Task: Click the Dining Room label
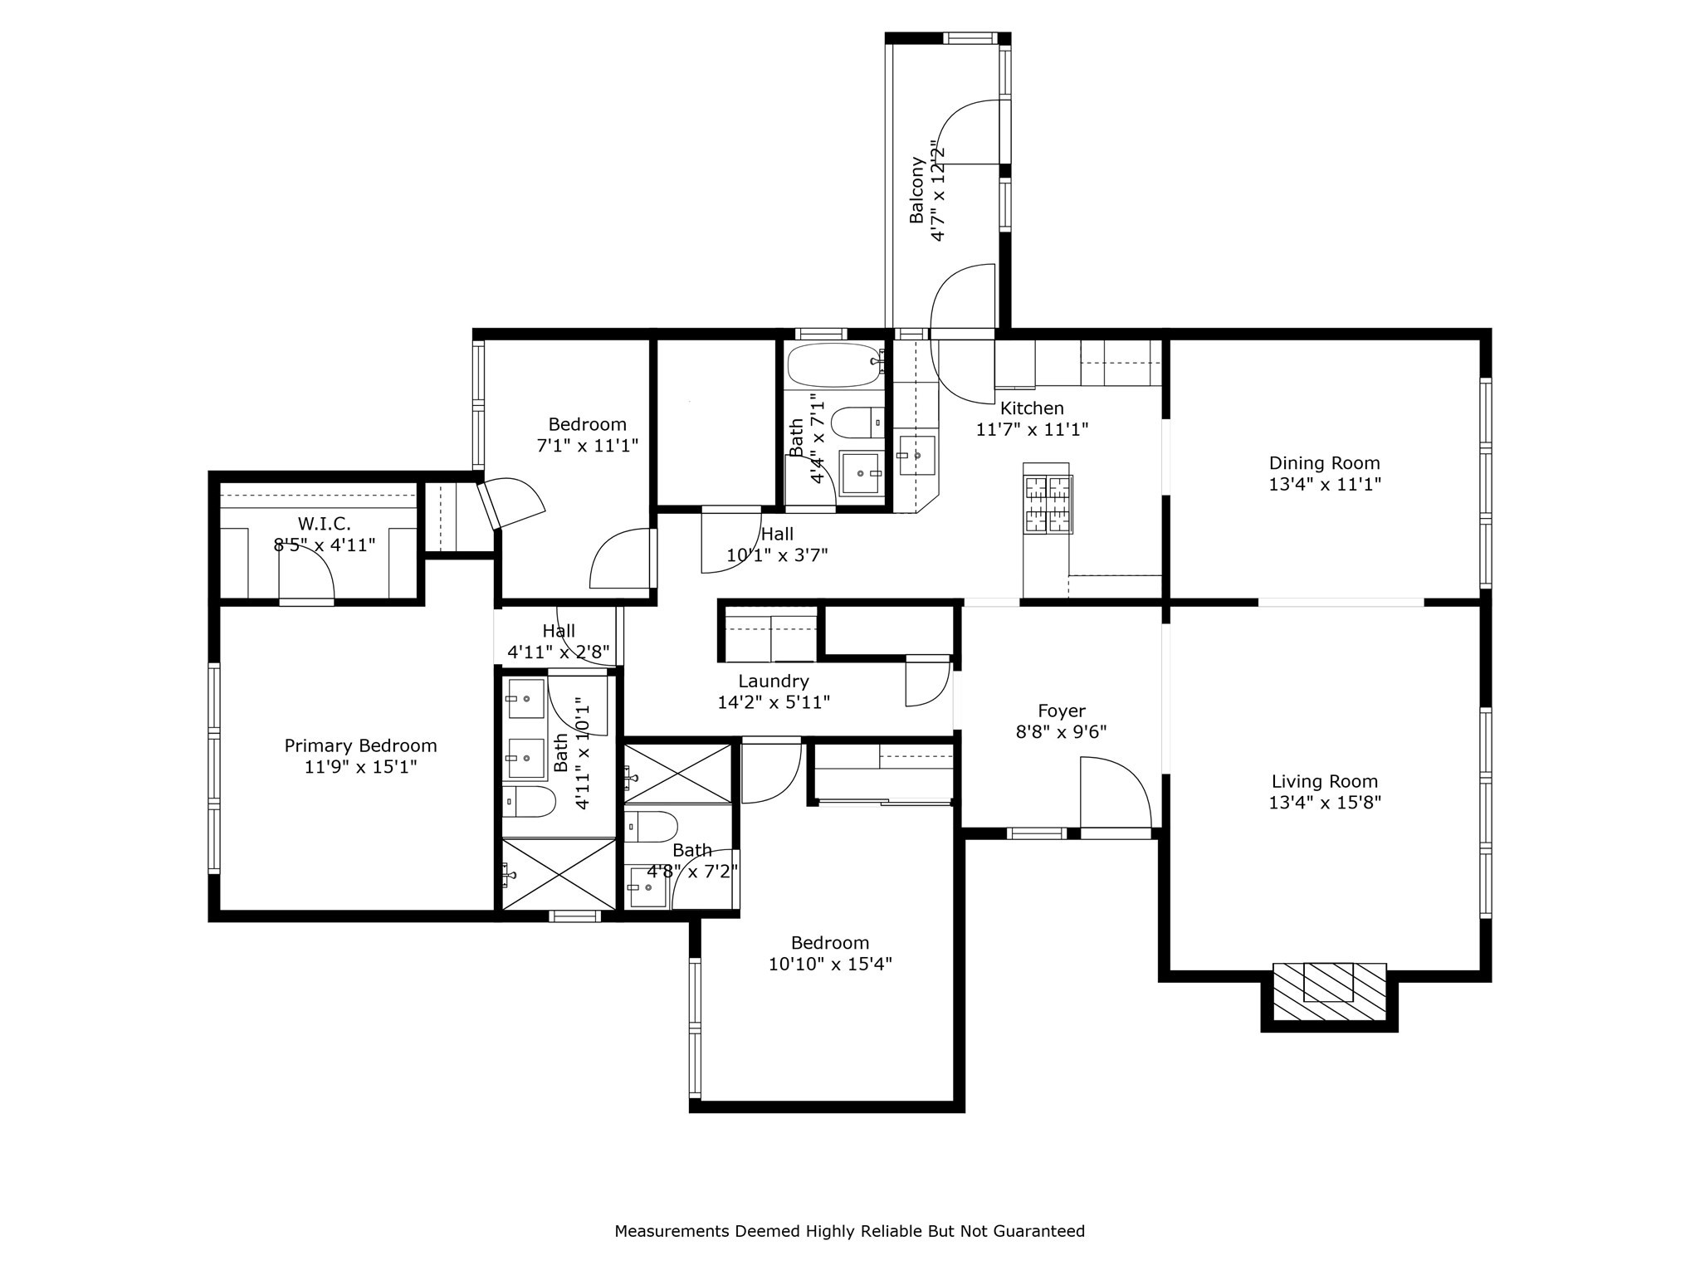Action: click(1324, 463)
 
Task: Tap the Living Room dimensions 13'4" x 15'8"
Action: click(1324, 803)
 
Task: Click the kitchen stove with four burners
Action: click(1048, 504)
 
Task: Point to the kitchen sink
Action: click(916, 455)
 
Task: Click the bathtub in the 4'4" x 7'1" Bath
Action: click(833, 364)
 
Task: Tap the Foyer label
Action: click(1061, 711)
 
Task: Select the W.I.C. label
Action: click(324, 524)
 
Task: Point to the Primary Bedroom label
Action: click(360, 745)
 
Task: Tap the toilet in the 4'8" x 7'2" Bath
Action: click(651, 826)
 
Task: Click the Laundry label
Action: click(773, 681)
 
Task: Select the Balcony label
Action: click(916, 190)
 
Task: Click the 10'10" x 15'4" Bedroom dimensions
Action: click(829, 964)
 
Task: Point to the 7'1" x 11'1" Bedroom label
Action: click(587, 424)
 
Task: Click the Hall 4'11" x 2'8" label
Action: click(559, 631)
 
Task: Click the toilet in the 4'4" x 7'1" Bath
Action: click(857, 423)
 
